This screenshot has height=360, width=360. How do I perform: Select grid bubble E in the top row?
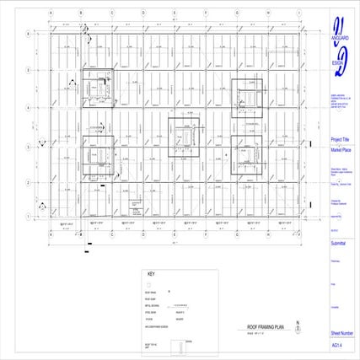tap(174, 13)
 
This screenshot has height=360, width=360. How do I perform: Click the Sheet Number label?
tap(342, 334)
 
